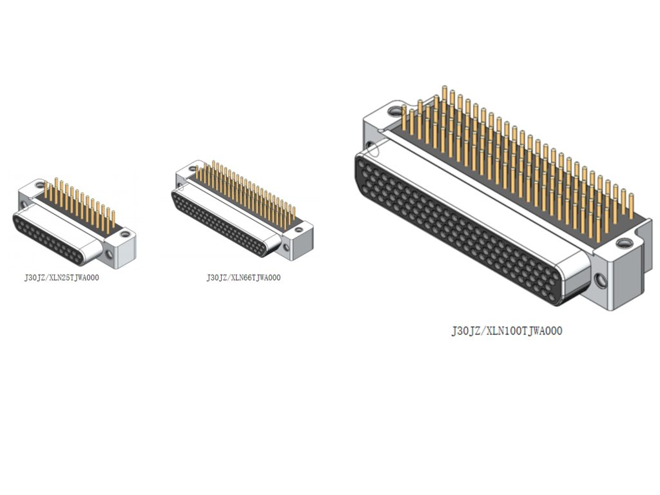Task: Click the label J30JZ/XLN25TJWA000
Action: pos(61,278)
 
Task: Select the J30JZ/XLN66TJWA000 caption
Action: pos(243,278)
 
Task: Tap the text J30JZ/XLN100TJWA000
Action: pos(507,331)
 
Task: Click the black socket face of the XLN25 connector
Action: pos(47,238)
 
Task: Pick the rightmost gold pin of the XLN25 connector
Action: pos(113,220)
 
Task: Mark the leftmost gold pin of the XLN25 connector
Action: pos(46,189)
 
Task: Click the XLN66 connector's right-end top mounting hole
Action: pos(299,230)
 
